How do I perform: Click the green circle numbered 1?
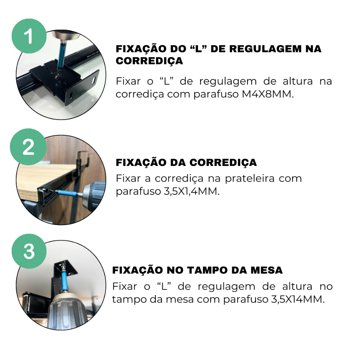(x=29, y=36)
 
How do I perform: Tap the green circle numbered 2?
(x=28, y=147)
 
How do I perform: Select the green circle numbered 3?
(x=29, y=251)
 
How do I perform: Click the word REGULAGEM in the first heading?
(x=265, y=49)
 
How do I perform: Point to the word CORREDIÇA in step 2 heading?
(x=223, y=162)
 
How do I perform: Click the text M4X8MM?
(x=268, y=94)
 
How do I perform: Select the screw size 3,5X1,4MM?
(x=192, y=191)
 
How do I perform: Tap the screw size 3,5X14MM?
(x=298, y=300)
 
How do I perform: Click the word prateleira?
(x=250, y=179)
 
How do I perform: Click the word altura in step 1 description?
(x=297, y=81)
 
